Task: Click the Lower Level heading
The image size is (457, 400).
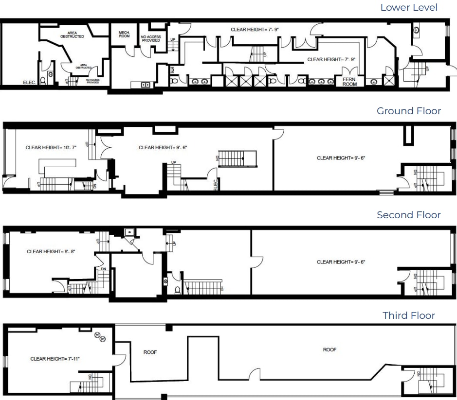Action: tap(409, 7)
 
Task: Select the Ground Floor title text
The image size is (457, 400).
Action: tap(409, 111)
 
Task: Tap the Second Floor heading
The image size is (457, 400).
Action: tap(409, 215)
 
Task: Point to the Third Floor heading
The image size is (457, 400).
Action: tap(409, 315)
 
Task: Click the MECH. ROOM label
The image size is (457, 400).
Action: tap(124, 35)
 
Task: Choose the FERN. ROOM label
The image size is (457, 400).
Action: tap(349, 82)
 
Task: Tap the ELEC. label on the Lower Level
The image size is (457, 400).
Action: tap(30, 83)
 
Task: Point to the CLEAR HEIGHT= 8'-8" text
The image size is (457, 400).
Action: tap(51, 251)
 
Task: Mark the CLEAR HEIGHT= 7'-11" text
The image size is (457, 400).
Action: tap(55, 359)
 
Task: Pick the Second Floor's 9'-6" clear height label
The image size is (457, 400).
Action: tap(341, 262)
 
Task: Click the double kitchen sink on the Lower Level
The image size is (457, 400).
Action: tap(145, 85)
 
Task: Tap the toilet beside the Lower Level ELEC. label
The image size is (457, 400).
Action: tap(43, 80)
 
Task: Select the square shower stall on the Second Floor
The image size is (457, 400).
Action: tap(129, 232)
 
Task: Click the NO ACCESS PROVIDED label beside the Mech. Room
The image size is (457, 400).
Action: tap(151, 38)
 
